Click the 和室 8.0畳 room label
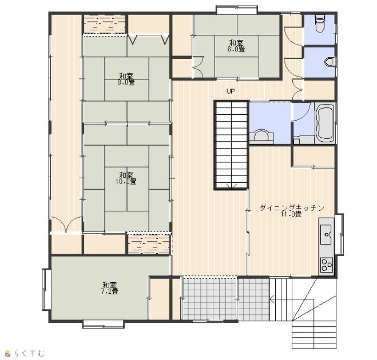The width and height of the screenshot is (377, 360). [126, 79]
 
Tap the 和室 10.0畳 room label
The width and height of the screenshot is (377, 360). [126, 178]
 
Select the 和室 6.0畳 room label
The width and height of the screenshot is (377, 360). [236, 46]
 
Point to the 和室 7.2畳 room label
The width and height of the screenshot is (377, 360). [110, 288]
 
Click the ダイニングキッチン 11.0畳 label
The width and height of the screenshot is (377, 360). [292, 211]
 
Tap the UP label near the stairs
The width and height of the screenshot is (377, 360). [231, 91]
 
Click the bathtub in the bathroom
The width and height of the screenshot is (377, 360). [325, 123]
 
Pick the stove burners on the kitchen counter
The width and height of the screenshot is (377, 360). [327, 265]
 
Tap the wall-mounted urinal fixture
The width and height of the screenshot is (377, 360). [330, 62]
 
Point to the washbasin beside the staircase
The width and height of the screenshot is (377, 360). [261, 136]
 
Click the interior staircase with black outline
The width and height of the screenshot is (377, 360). [231, 145]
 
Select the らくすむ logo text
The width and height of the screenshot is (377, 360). [29, 353]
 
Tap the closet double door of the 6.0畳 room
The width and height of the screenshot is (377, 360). [199, 66]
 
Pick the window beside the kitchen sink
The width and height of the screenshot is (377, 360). [339, 234]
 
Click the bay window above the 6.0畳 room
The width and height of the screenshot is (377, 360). [237, 9]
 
